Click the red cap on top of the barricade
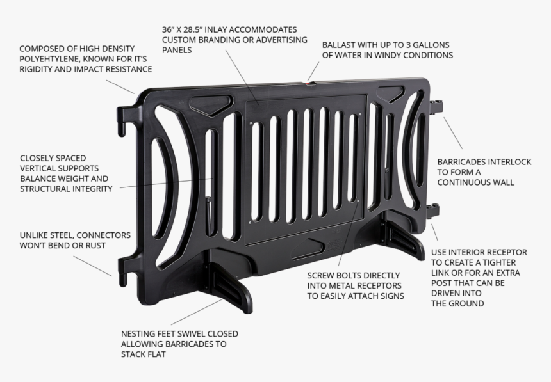tap(311, 82)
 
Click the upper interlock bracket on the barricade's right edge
tap(437, 106)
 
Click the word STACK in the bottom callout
tap(135, 354)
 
